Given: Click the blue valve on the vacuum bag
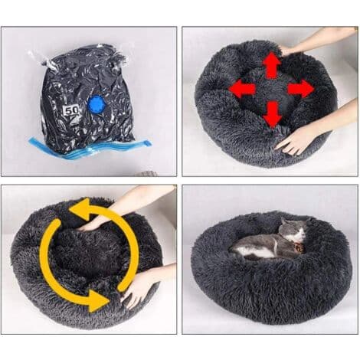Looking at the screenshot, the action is (x=97, y=104).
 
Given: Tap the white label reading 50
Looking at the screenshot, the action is (x=71, y=110).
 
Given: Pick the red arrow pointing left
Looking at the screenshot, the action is (x=242, y=89).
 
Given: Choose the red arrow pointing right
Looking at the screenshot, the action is (x=301, y=89).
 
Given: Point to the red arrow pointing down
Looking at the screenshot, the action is (x=272, y=114).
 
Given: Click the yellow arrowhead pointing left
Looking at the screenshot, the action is (x=80, y=208).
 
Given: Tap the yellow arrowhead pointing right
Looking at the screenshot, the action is (x=99, y=300).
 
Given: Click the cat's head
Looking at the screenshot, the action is (x=293, y=229).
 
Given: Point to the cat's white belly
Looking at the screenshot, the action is (x=255, y=252).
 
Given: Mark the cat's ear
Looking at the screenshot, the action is (x=283, y=221).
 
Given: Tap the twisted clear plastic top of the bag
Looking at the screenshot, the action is (x=77, y=56).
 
